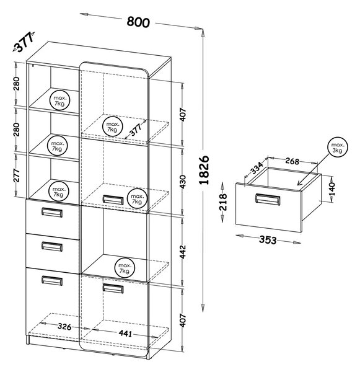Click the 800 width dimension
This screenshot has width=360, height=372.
tap(138, 22)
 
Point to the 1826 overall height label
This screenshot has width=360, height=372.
tap(204, 170)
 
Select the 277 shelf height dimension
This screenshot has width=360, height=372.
tap(16, 175)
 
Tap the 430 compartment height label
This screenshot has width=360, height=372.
tap(183, 182)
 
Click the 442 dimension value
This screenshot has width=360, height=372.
tap(183, 252)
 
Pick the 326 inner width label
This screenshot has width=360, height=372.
tap(64, 327)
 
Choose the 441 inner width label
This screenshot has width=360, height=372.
tap(125, 334)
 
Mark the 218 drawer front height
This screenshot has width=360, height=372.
tap(223, 202)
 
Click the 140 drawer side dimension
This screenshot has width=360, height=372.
tap(332, 189)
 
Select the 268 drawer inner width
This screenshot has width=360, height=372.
tap(292, 161)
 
